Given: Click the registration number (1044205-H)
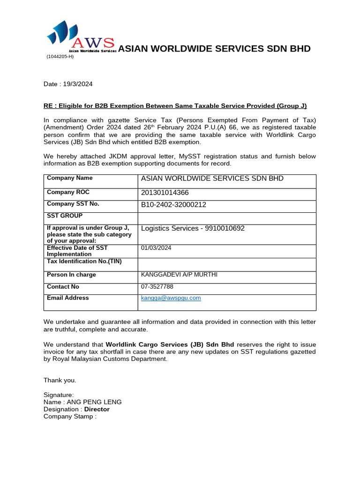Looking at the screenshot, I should (60, 57).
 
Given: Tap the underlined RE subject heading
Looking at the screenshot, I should (175, 106).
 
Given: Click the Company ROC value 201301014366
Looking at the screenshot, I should (165, 193).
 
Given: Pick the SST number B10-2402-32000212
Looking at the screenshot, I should (173, 204).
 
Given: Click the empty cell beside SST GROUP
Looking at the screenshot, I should (226, 218).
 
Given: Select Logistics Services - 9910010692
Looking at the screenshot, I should (193, 228).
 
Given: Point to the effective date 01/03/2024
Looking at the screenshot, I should (156, 248).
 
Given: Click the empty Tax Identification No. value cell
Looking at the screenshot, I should (226, 264).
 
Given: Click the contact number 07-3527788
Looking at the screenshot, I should (157, 286).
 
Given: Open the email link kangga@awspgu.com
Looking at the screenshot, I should (171, 298).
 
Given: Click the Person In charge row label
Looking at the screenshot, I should (71, 275).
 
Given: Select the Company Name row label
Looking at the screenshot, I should (70, 178).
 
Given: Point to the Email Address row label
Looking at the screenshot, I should (67, 298).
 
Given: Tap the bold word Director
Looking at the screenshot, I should (97, 409).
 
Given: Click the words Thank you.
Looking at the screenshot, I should (60, 380).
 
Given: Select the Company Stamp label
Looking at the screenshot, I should (70, 416).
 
